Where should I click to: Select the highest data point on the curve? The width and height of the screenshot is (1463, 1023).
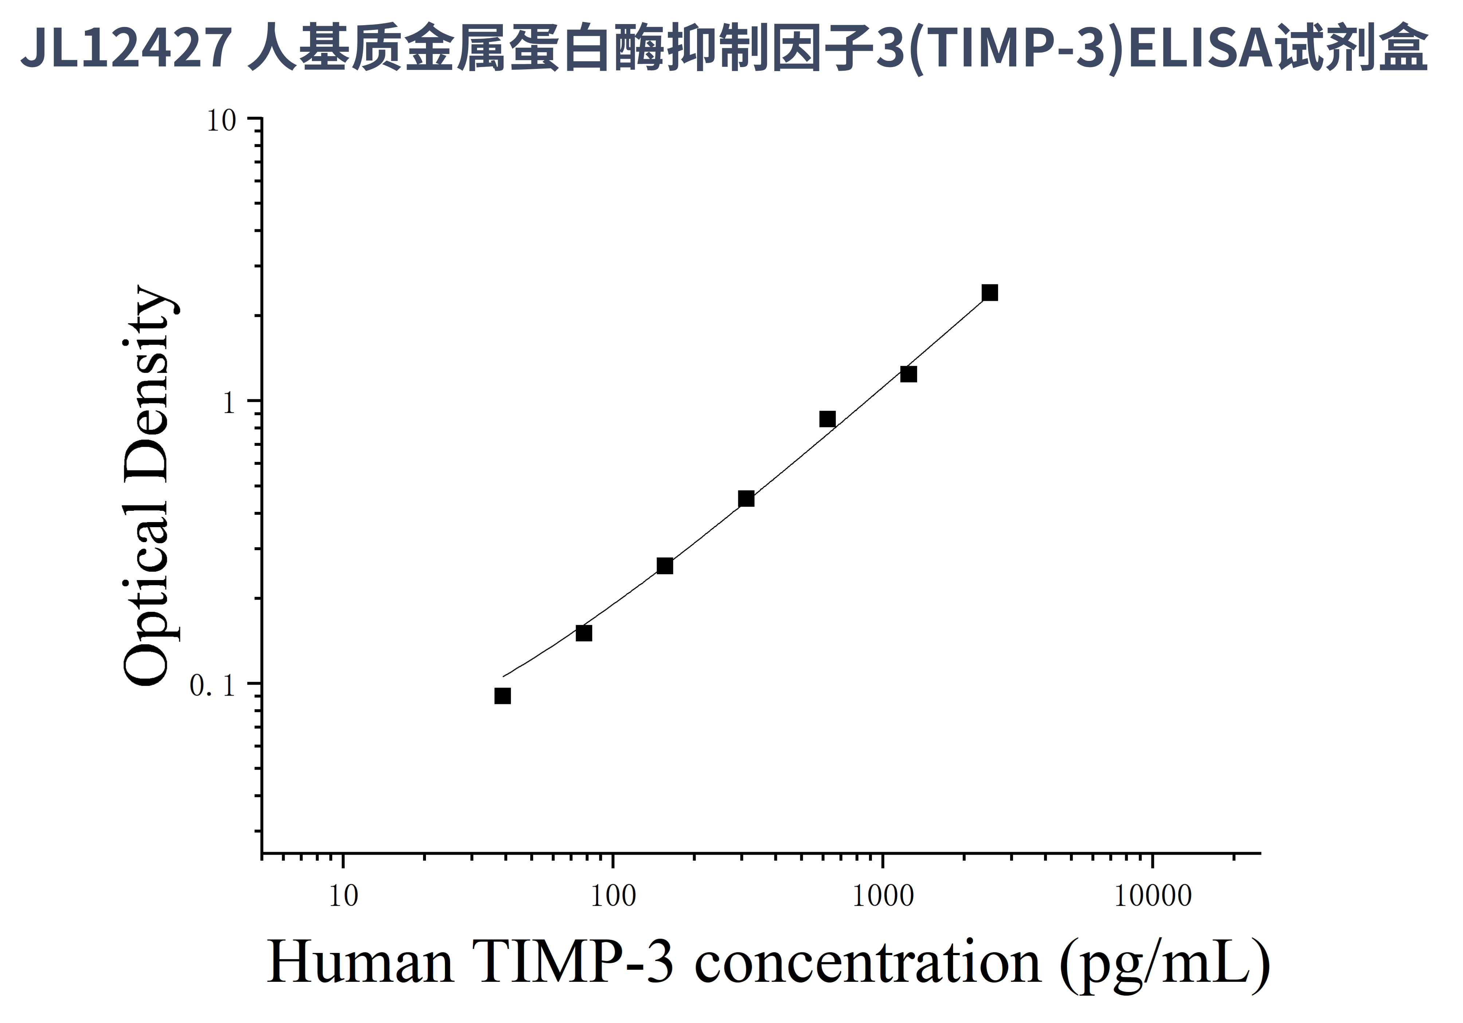(990, 292)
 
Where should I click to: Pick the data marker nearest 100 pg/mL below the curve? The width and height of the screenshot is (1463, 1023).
(584, 633)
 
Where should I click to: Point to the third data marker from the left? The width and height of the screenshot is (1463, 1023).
(665, 566)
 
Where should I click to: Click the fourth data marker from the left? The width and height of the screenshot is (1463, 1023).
(746, 498)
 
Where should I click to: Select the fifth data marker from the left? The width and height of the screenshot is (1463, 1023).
(827, 419)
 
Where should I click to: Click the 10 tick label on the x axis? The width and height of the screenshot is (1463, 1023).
(344, 897)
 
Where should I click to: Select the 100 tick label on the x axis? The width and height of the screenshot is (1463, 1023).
(613, 897)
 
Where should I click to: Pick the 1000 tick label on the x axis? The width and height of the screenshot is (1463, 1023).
(883, 897)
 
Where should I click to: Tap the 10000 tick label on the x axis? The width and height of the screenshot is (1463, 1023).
(1153, 897)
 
